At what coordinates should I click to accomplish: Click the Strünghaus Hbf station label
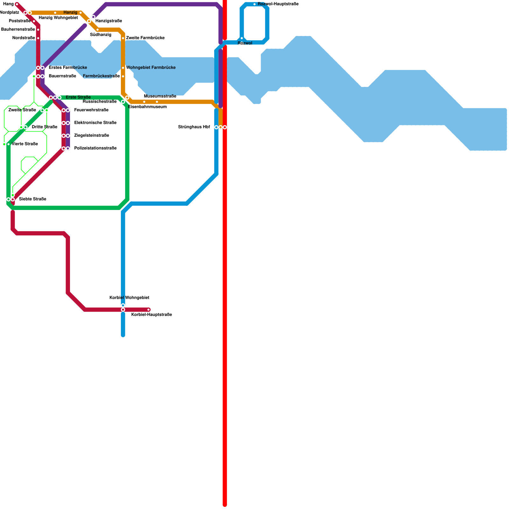(x=194, y=127)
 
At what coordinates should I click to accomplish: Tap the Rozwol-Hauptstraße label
(x=278, y=4)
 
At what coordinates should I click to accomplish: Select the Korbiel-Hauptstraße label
(x=151, y=315)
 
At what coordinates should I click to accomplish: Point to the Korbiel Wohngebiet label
(x=129, y=298)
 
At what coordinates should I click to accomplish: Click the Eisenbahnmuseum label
(x=147, y=107)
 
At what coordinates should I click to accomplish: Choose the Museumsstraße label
(x=160, y=96)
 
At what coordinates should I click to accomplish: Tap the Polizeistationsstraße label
(x=95, y=148)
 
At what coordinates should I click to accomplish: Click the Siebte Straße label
(x=32, y=199)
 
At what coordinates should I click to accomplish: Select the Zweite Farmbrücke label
(x=145, y=38)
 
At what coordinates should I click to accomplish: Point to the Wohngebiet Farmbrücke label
(x=151, y=68)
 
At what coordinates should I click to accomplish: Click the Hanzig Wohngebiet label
(x=58, y=18)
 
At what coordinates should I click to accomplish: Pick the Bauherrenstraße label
(x=18, y=30)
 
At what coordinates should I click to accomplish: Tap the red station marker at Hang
(x=17, y=4)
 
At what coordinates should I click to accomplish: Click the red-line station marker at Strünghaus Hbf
(x=225, y=127)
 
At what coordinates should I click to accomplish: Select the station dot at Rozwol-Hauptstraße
(x=254, y=4)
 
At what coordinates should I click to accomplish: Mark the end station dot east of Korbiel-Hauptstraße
(x=149, y=310)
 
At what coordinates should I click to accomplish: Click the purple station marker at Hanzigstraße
(x=93, y=17)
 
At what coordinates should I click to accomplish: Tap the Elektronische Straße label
(x=95, y=123)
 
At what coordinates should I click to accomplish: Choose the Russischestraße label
(x=100, y=102)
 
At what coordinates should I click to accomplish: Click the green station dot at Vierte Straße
(x=9, y=144)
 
